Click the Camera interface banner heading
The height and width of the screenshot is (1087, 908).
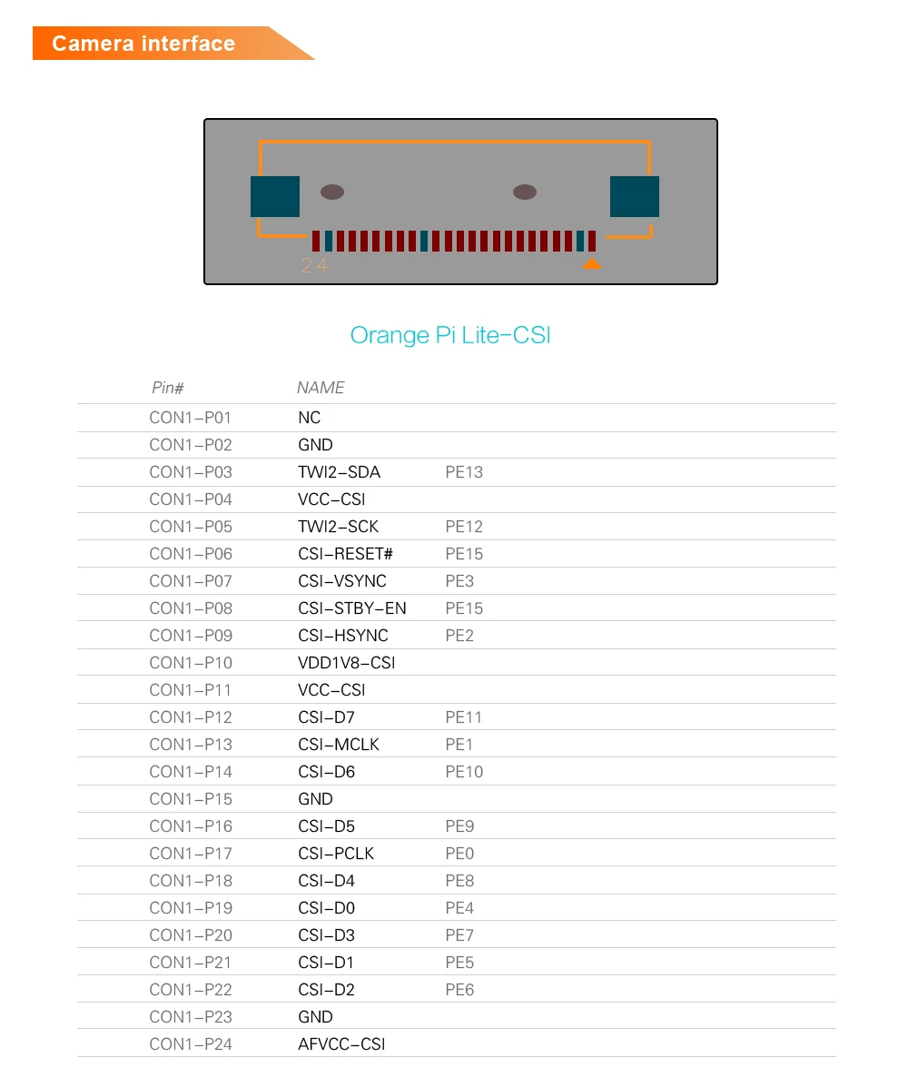pos(143,44)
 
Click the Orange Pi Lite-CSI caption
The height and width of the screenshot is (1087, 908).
pos(450,335)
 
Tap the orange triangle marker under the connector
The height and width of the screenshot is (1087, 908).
pos(591,264)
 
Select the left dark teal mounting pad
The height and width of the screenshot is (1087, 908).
pos(275,196)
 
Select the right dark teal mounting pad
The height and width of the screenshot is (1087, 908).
pos(634,196)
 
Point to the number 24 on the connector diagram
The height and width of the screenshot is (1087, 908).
pos(313,266)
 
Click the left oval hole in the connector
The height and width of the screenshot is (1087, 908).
pos(332,192)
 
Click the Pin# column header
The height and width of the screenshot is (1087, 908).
pos(167,388)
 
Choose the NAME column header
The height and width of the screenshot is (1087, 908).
pos(321,388)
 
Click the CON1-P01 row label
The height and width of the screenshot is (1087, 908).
pos(191,418)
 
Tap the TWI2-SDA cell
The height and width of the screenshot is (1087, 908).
pos(339,472)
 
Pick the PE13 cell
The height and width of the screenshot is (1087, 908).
pos(464,472)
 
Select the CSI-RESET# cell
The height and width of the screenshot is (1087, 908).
pos(345,554)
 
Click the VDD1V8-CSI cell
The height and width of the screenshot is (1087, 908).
pos(346,663)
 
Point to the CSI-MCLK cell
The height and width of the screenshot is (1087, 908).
pos(339,745)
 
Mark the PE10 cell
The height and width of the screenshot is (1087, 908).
pos(464,772)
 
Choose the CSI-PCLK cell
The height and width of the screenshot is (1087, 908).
pos(336,854)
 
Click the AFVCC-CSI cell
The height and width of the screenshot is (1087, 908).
pos(341,1044)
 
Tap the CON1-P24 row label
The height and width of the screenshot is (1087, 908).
pos(191,1044)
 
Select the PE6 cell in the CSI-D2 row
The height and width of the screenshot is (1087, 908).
pos(459,990)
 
